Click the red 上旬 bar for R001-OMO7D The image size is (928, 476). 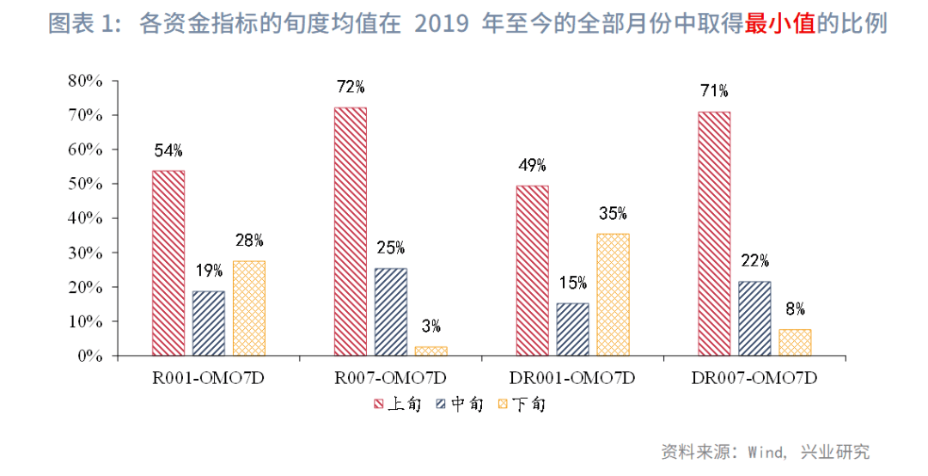click(168, 263)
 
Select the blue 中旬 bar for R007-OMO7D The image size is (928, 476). click(390, 312)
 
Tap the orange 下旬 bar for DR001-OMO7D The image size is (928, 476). click(613, 295)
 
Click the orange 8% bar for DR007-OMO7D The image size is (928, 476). click(795, 342)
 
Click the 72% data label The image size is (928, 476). click(351, 87)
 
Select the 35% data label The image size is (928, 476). click(613, 214)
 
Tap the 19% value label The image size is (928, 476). click(209, 271)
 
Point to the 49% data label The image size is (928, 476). click(532, 166)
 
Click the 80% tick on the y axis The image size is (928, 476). click(85, 81)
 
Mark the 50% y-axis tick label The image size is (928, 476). click(85, 184)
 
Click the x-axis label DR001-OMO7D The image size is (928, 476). click(572, 378)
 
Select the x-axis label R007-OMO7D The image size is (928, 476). click(390, 378)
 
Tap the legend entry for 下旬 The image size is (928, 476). click(520, 404)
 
